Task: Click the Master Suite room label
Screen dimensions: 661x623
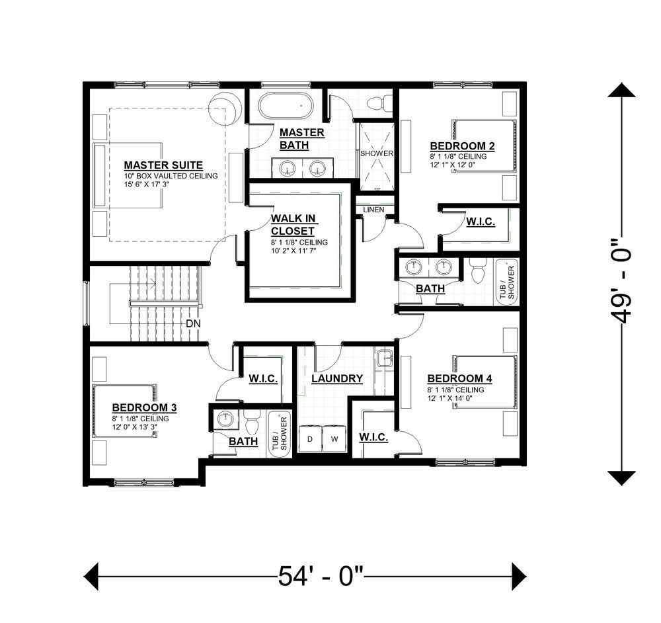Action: [163, 165]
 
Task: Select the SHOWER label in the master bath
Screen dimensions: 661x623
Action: [377, 153]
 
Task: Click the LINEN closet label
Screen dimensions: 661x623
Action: [373, 210]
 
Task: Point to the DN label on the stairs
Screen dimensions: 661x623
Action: [193, 324]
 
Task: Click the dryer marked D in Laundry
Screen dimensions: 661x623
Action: [310, 439]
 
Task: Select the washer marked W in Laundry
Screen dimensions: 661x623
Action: [334, 439]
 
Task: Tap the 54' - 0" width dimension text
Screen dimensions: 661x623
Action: [321, 576]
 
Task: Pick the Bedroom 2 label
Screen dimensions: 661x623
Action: [462, 146]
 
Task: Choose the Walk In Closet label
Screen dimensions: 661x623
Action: [293, 225]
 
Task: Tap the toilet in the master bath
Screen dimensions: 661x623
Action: [379, 103]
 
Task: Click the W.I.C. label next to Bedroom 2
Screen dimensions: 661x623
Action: [480, 222]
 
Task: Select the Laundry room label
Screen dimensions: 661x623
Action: [337, 378]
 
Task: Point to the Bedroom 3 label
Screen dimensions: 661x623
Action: [144, 407]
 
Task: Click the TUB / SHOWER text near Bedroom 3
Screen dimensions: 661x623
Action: [280, 433]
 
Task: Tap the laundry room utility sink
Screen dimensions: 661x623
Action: [385, 358]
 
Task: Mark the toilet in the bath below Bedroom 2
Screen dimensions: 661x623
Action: [479, 271]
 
